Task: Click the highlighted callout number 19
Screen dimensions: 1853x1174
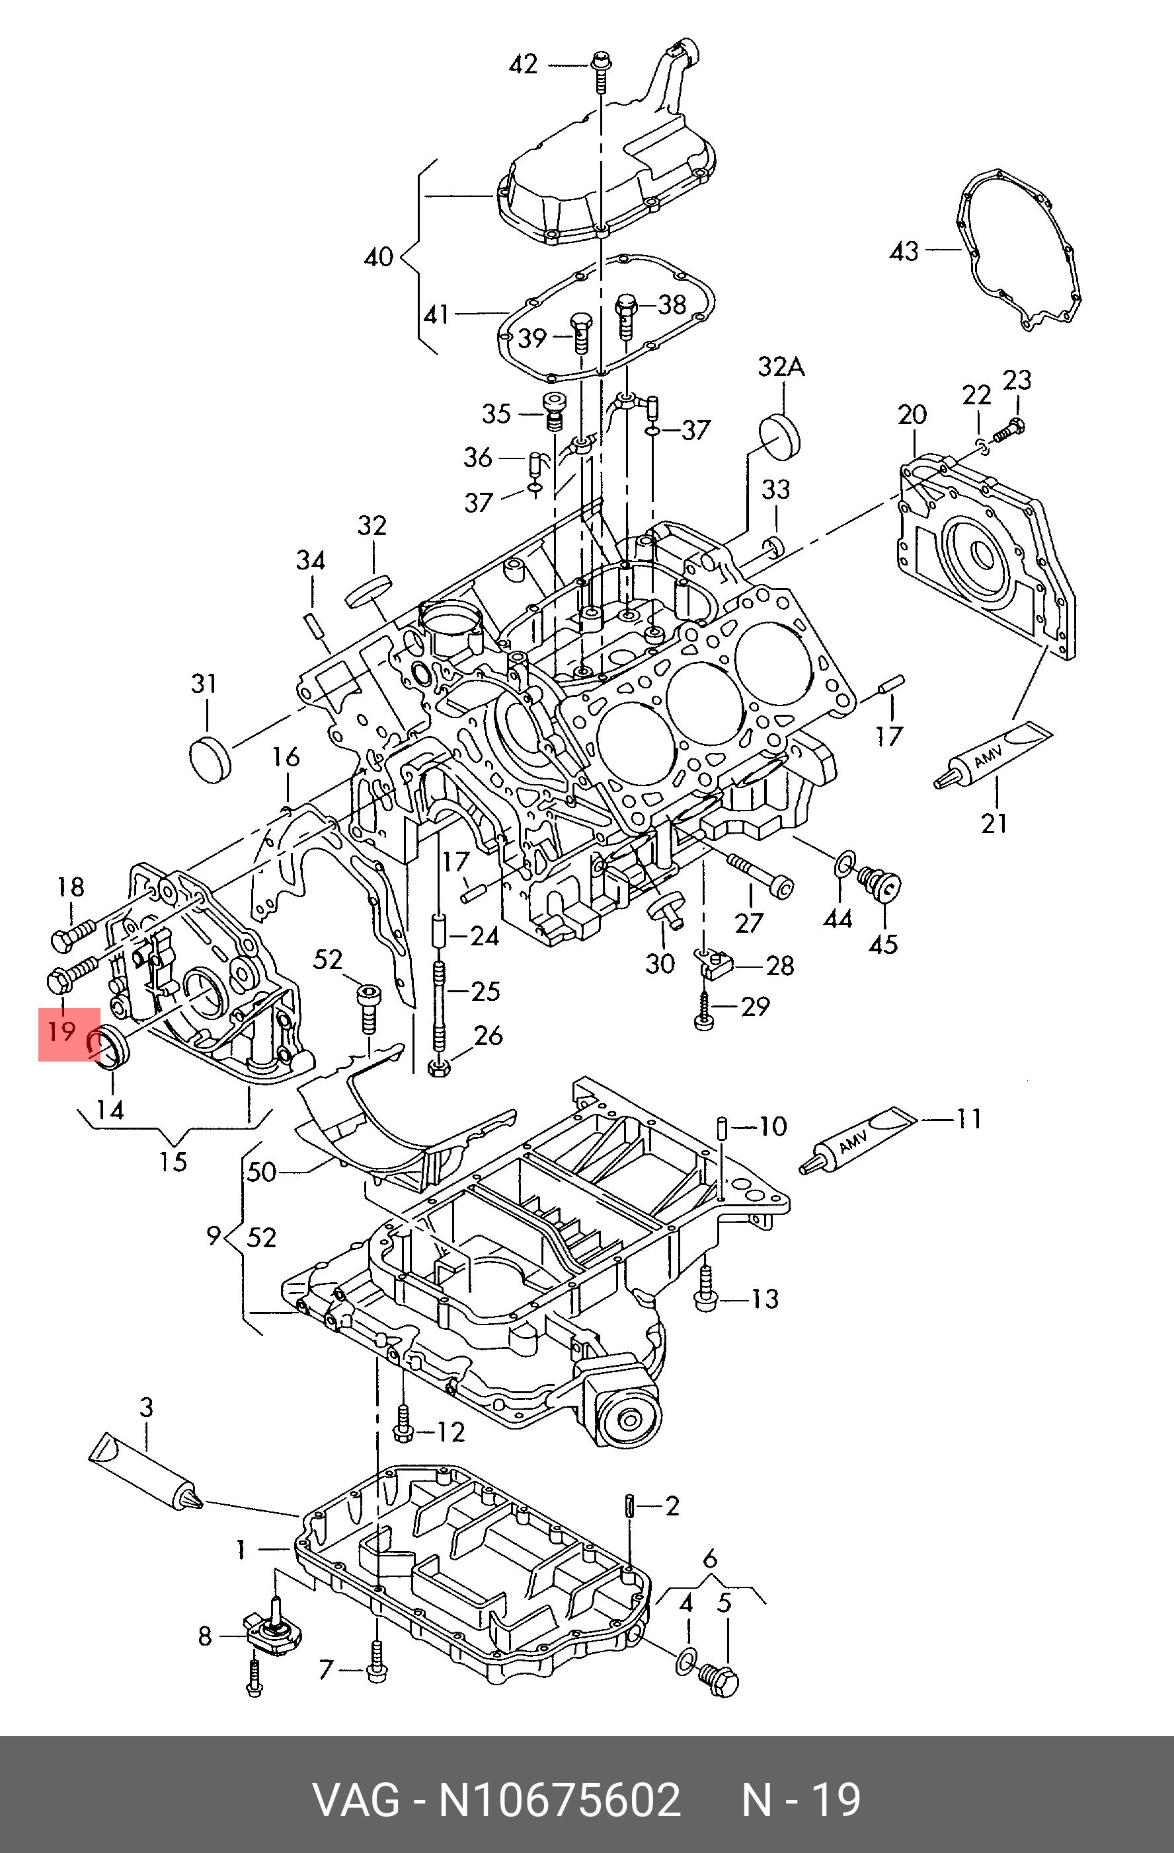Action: [62, 1031]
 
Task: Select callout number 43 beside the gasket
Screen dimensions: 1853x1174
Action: [904, 251]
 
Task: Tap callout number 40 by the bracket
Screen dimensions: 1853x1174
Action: [378, 256]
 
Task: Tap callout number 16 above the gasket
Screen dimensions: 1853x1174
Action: [286, 757]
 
